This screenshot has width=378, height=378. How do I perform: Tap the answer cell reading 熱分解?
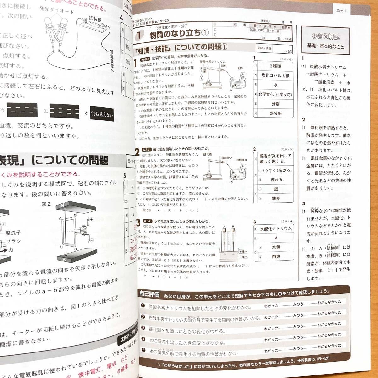[x=276, y=113]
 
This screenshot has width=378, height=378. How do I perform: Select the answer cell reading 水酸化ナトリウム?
[x=276, y=229]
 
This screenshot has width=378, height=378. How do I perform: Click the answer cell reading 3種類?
[x=275, y=66]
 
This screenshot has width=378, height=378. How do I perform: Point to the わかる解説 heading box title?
[x=326, y=37]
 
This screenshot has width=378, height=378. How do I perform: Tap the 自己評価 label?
[x=149, y=294]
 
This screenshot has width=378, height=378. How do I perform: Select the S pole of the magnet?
[x=64, y=259]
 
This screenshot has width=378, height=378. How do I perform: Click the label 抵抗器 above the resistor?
[x=95, y=19]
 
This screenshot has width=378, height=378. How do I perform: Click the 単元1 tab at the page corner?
[x=341, y=11]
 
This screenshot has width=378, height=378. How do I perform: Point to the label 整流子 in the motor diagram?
[x=13, y=233]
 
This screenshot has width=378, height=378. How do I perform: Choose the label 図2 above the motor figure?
[x=46, y=204]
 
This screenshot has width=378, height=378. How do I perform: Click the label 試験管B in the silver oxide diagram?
[x=242, y=160]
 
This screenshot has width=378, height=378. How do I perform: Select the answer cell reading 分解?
[x=276, y=104]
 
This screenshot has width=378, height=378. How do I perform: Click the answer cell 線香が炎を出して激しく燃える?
[x=276, y=158]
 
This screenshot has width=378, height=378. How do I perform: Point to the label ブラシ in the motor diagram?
[x=14, y=241]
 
